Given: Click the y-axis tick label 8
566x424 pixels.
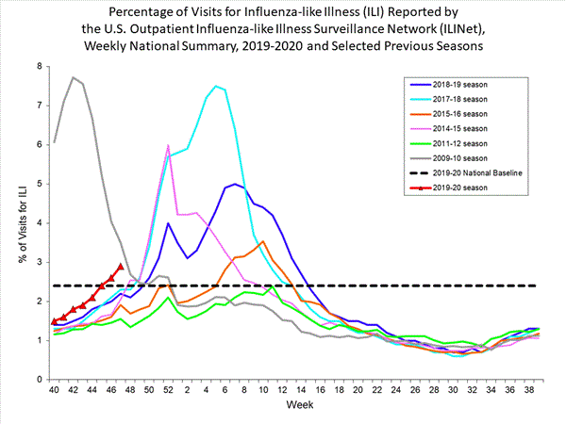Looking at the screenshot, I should tap(39, 67).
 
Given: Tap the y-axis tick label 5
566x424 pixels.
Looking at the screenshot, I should tap(39, 184).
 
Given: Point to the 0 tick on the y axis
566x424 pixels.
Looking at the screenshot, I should tap(39, 379).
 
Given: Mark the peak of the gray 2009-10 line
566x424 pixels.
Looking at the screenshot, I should tap(74, 77).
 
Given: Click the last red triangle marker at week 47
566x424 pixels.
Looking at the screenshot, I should tap(120, 266).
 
